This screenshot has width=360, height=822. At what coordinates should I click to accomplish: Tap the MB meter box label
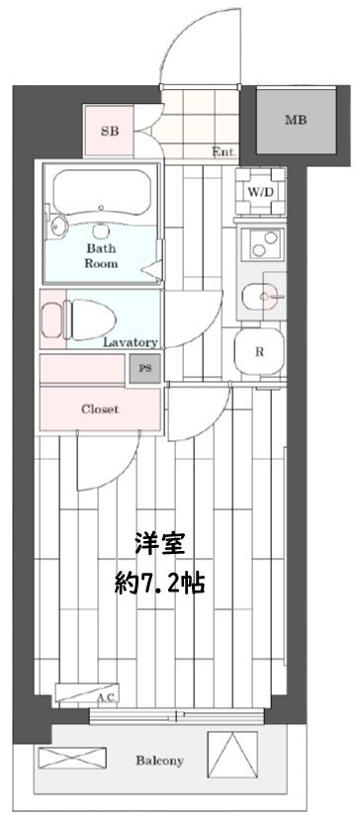pos(295,121)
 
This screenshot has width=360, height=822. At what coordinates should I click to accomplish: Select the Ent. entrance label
pos(223,152)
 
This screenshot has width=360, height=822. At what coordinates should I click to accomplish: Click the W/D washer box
pos(261,190)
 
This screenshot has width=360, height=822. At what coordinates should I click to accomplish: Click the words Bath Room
pos(101,256)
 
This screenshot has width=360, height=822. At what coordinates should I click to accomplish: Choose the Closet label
pos(100,409)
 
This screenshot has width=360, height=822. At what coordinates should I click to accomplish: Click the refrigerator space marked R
pos(259,351)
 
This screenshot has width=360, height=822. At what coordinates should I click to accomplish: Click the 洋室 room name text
pos(159,544)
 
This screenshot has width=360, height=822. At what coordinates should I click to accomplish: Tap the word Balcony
pos(159,762)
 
